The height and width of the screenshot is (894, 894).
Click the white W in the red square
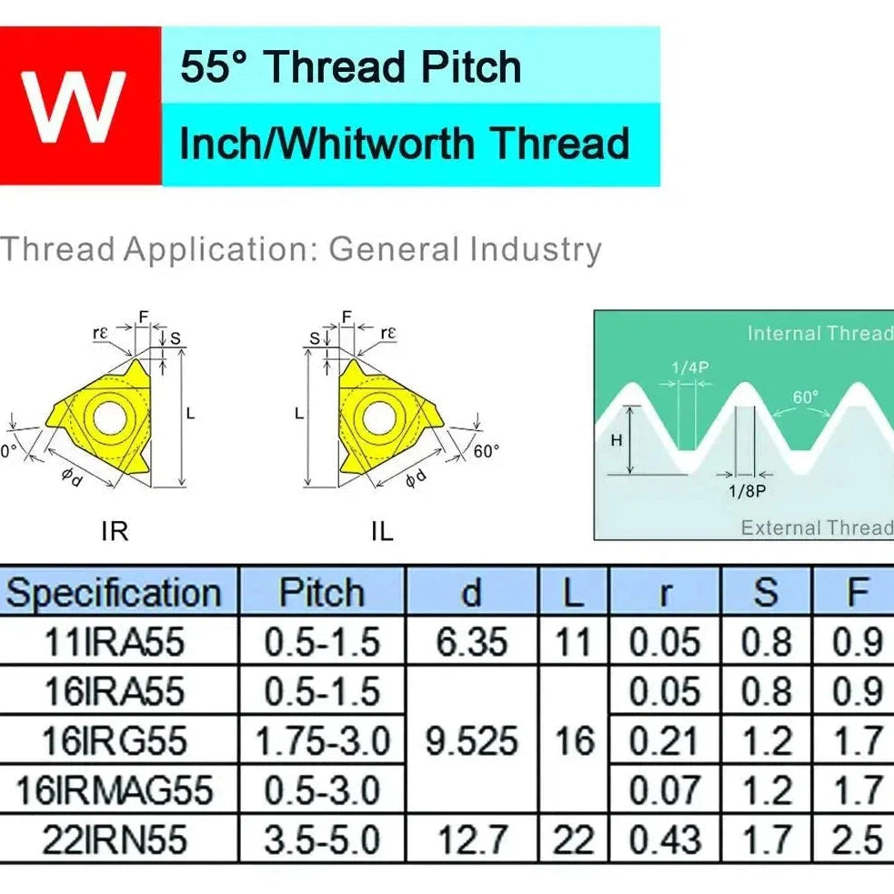[x=73, y=107]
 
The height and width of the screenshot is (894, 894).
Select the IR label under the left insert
[x=115, y=531]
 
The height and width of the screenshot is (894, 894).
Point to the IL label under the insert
[x=382, y=531]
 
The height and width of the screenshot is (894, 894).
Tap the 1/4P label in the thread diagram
[x=690, y=367]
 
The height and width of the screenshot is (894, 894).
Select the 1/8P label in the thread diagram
[x=747, y=491]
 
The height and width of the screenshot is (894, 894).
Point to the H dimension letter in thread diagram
[x=617, y=440]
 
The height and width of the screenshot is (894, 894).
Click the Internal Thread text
[x=820, y=334]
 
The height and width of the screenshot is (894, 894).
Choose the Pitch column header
[x=322, y=593]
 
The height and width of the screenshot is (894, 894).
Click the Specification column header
[x=114, y=593]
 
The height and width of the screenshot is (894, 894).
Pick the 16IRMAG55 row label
[x=114, y=791]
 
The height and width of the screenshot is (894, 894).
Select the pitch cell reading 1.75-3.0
[x=322, y=741]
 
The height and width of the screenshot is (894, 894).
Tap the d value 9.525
[x=471, y=741]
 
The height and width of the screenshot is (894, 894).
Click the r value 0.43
[x=664, y=840]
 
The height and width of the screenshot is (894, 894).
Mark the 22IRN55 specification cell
[x=115, y=840]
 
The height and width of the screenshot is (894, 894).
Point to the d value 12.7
[x=472, y=840]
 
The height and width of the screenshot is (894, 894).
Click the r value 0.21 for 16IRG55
[x=664, y=741]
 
